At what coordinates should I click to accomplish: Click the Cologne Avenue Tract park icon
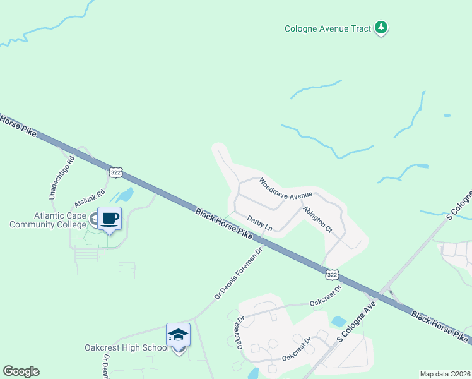pyautogui.click(x=381, y=28)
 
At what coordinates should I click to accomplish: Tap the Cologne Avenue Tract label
pyautogui.click(x=327, y=28)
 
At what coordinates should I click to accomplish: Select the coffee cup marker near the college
pyautogui.click(x=109, y=218)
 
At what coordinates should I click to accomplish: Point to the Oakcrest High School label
pyautogui.click(x=126, y=347)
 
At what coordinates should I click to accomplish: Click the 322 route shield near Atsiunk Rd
pyautogui.click(x=115, y=172)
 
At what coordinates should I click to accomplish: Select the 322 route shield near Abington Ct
pyautogui.click(x=333, y=274)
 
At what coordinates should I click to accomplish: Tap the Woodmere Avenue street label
pyautogui.click(x=286, y=188)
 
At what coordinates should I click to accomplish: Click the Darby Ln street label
pyautogui.click(x=259, y=223)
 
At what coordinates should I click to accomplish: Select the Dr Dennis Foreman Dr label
pyautogui.click(x=238, y=273)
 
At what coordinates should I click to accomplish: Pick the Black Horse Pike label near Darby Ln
pyautogui.click(x=224, y=225)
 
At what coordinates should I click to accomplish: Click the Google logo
pyautogui.click(x=21, y=371)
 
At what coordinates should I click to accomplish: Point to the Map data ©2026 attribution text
pyautogui.click(x=445, y=374)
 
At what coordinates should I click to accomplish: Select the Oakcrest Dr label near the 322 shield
pyautogui.click(x=326, y=296)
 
